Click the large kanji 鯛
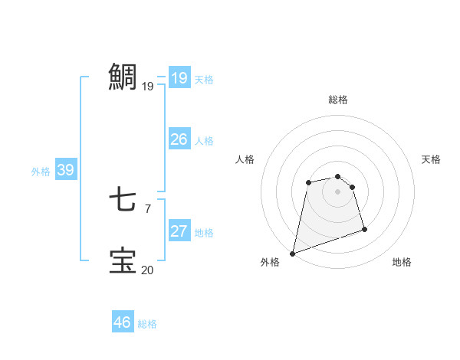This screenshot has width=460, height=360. (123, 77)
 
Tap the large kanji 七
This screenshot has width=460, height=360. (123, 200)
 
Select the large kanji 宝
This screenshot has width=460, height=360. (123, 260)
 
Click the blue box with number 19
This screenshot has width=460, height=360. (179, 78)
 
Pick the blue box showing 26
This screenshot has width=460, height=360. (179, 139)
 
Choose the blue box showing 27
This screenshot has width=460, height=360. (179, 231)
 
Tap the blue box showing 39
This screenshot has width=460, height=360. (65, 170)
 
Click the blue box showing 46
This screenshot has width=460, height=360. (122, 322)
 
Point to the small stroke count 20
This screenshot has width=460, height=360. (147, 270)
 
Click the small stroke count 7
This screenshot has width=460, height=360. (147, 208)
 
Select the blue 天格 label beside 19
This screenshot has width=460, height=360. (204, 80)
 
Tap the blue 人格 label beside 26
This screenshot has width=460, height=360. (204, 141)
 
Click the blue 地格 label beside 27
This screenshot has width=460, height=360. (204, 233)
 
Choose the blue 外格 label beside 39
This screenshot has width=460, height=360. (41, 172)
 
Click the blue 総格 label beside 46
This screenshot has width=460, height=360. (147, 324)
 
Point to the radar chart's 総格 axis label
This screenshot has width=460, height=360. (338, 100)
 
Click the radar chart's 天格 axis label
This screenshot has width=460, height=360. (432, 159)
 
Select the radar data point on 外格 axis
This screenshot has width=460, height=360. (292, 253)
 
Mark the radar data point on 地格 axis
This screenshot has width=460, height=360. (364, 229)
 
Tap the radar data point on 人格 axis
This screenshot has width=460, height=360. (308, 182)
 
